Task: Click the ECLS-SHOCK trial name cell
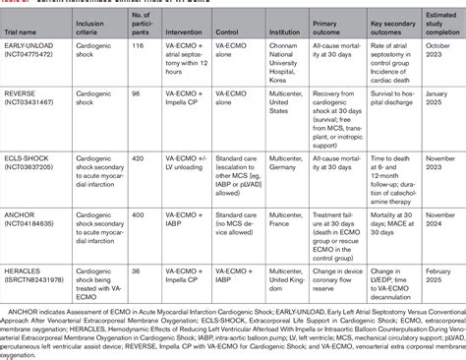tap(38, 160)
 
